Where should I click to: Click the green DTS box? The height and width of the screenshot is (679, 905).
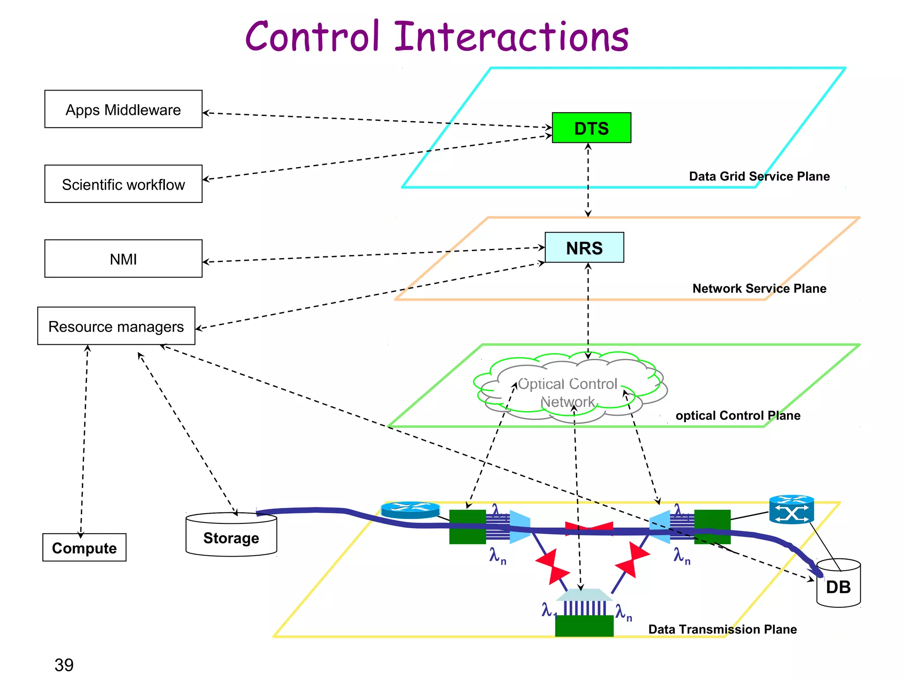(x=591, y=128)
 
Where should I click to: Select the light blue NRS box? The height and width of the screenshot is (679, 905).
(x=584, y=248)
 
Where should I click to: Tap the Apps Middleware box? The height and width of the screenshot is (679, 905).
(x=123, y=109)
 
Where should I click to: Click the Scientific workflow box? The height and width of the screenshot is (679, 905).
(x=123, y=184)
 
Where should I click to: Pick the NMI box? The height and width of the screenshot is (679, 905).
(x=123, y=259)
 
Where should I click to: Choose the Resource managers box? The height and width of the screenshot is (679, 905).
(x=116, y=326)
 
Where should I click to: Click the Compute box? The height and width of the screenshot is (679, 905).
(x=84, y=547)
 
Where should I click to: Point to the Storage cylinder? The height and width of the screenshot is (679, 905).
(x=231, y=536)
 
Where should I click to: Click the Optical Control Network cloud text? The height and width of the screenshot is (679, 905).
(x=567, y=393)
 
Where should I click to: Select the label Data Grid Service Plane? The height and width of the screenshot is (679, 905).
(x=759, y=176)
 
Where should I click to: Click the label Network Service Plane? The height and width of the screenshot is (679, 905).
(x=759, y=289)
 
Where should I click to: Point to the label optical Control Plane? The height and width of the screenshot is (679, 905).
(x=738, y=416)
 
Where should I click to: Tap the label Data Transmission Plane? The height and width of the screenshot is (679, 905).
(x=722, y=629)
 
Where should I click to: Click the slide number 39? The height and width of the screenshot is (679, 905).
(x=64, y=664)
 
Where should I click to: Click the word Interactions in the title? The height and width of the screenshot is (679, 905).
(x=511, y=37)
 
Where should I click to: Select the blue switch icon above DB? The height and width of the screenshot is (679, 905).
(x=791, y=510)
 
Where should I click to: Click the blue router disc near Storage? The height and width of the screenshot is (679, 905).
(x=410, y=510)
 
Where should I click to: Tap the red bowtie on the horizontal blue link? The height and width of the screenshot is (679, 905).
(x=589, y=528)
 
